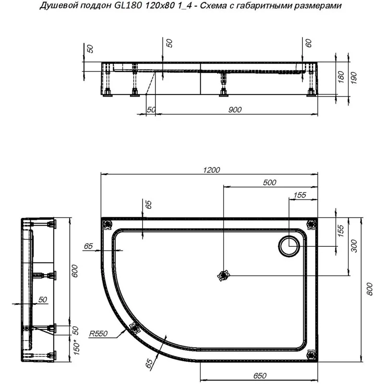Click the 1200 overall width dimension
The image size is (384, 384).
[x=211, y=170]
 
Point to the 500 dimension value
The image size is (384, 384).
[x=270, y=182]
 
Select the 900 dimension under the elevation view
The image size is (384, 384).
[x=235, y=110]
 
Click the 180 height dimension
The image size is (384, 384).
[x=341, y=76]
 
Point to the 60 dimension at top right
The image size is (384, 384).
[x=309, y=44]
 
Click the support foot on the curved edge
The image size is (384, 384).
[x=134, y=328]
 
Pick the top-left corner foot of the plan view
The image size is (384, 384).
[x=107, y=223]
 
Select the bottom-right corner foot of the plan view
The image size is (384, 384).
[x=312, y=355]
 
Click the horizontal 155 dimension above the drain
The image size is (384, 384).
[x=300, y=195]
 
